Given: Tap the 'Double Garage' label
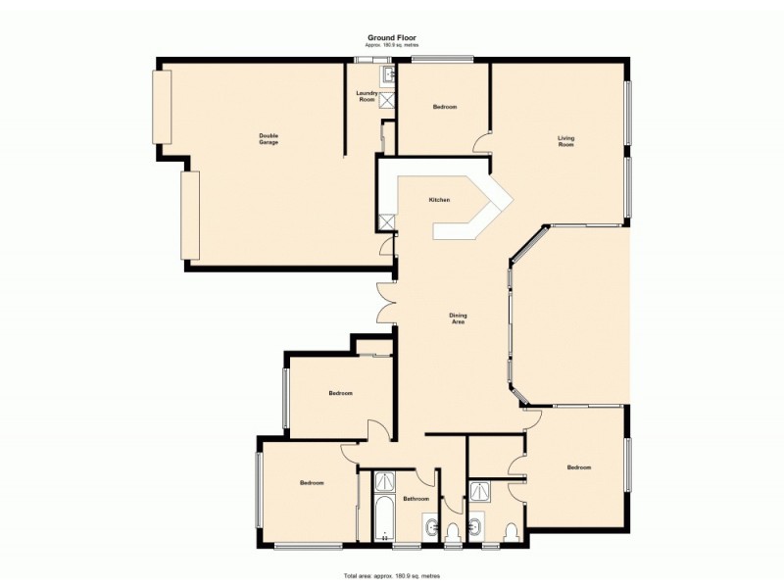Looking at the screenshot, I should (x=269, y=139).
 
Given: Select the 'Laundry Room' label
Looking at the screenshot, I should (x=367, y=97).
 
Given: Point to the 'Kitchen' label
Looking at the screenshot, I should (x=439, y=200).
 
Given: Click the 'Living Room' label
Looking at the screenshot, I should (x=565, y=141).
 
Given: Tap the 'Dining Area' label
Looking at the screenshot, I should (x=458, y=318).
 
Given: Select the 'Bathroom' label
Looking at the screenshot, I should (x=417, y=499).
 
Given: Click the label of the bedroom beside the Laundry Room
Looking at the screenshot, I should (x=445, y=107).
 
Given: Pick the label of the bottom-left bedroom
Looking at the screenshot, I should (x=312, y=483).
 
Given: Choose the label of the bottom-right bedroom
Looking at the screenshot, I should (x=579, y=467).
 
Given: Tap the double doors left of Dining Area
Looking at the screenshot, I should (x=383, y=302).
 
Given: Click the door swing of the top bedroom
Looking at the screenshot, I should (x=482, y=144).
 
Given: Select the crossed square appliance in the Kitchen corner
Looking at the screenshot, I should (x=387, y=220).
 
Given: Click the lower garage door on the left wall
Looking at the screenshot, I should (x=190, y=216).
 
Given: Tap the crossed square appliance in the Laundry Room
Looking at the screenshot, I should (x=386, y=98).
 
